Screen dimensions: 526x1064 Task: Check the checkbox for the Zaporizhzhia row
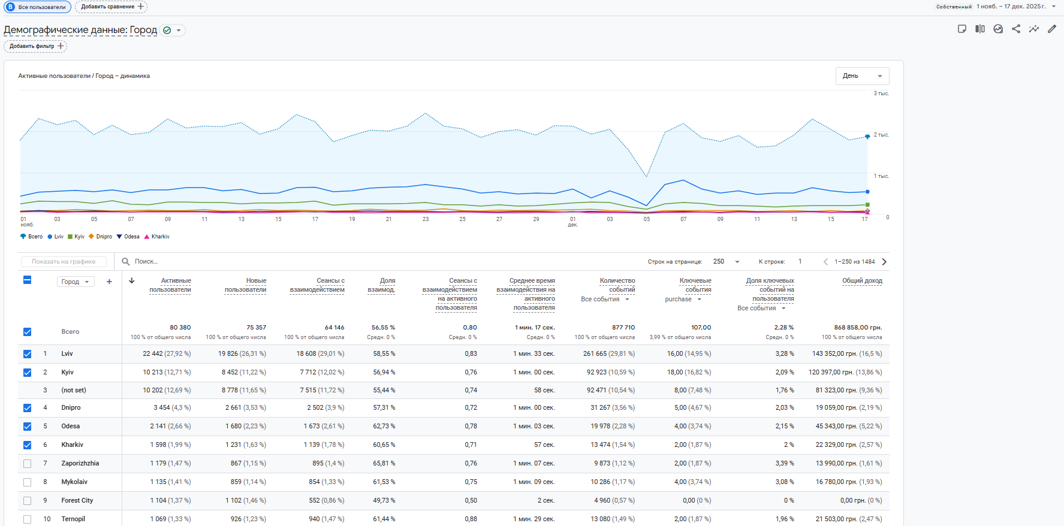[x=27, y=464]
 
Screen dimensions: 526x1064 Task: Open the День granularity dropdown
[x=862, y=76]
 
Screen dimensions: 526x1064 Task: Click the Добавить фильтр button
[x=35, y=46]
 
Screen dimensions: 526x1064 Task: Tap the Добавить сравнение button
[x=111, y=7]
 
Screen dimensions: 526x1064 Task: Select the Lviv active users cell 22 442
[x=167, y=354]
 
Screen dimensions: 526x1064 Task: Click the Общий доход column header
[x=862, y=280]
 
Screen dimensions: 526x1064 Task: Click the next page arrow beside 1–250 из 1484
[x=884, y=262]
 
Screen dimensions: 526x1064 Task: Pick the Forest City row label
[x=77, y=501]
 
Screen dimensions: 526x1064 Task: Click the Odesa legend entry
[x=131, y=237]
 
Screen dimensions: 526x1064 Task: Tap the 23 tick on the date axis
[x=426, y=219]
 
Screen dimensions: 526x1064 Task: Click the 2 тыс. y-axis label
[x=881, y=135]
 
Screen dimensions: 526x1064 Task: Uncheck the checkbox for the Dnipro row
[x=27, y=408]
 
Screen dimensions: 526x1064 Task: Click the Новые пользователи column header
[x=246, y=285]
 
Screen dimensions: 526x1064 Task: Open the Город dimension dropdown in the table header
[x=76, y=282]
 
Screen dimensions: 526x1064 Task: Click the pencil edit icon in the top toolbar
[x=1051, y=29]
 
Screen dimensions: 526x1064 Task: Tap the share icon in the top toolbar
[x=1016, y=29]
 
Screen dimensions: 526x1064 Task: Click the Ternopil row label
[x=73, y=519]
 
